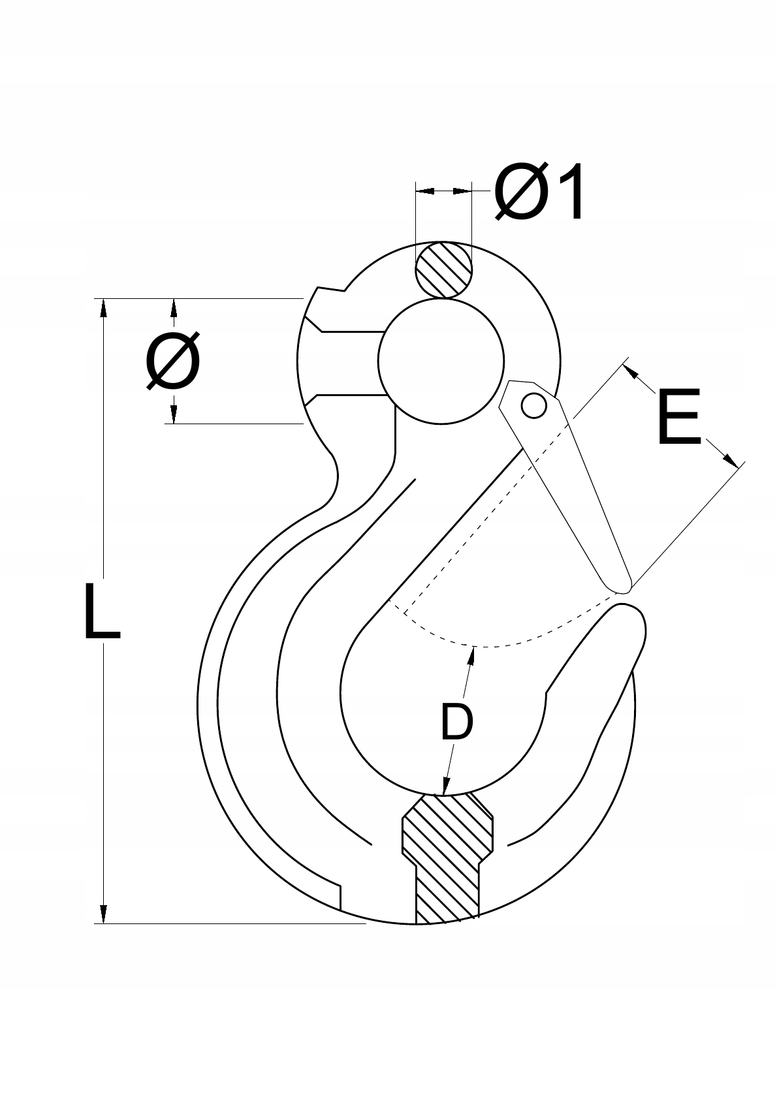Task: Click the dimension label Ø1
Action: [539, 193]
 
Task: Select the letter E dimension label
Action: [678, 418]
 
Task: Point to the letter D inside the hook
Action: [456, 721]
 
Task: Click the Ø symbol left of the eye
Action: [173, 361]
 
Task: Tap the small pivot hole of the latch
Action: [533, 406]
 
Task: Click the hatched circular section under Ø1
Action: [444, 270]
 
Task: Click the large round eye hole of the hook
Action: [441, 361]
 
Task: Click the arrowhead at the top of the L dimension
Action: [103, 307]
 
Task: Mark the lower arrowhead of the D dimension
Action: [447, 786]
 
